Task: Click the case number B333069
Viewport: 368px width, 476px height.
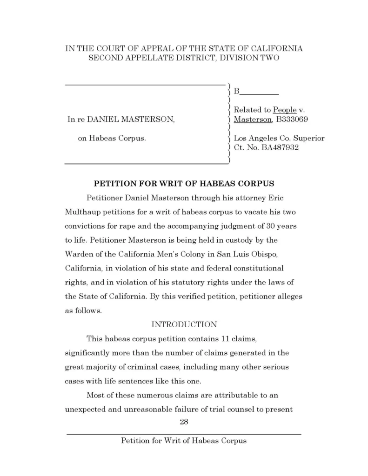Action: pos(292,119)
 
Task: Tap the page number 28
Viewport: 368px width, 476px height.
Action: pos(184,422)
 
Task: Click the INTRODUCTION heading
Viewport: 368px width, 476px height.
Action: pos(184,324)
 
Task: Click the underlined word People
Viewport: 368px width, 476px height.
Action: pos(285,110)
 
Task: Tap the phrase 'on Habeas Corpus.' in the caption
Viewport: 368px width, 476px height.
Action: pos(112,138)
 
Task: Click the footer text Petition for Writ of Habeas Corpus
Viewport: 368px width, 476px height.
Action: pos(184,441)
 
